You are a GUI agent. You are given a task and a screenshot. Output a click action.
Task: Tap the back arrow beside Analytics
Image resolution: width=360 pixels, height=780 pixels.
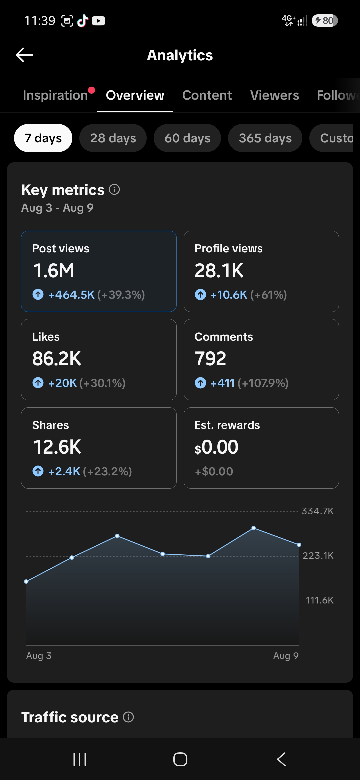pos(24,55)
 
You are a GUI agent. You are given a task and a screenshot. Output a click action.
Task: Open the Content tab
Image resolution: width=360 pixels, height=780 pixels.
pos(207,95)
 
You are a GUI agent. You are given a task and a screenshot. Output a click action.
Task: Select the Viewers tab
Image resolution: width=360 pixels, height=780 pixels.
pos(275,95)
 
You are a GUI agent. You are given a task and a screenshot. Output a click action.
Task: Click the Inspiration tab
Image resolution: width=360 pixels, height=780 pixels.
pos(55,95)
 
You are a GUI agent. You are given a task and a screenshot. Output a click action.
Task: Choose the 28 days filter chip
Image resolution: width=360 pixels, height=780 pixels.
pos(113,138)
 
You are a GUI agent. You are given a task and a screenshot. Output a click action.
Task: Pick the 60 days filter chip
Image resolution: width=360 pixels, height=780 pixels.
pos(187,138)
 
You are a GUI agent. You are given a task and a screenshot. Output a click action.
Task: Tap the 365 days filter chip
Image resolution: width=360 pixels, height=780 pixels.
pos(265,138)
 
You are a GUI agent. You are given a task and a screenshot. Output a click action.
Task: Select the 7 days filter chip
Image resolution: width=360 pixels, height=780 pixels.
pos(43,138)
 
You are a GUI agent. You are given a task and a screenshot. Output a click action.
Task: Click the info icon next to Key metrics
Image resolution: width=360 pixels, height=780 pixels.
pos(114,190)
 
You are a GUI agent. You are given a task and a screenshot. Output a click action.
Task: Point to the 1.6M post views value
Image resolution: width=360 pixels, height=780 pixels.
pos(54,270)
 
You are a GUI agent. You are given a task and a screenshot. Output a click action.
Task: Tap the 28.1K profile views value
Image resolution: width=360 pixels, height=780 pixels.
pos(219,270)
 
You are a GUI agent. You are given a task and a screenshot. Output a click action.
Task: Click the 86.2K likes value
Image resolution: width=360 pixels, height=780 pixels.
pos(57,359)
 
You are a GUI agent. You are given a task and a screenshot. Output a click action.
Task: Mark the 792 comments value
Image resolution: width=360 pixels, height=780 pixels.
pos(210,359)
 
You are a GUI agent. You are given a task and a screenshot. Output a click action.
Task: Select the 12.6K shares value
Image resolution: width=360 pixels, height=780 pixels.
pos(57,447)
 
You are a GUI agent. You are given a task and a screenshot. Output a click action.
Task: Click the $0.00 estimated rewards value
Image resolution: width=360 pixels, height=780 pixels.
pos(217,447)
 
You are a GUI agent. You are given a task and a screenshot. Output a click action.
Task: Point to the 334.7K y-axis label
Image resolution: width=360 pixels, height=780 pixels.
pos(318,511)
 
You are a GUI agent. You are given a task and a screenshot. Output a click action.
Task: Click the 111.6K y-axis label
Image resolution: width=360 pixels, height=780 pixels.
pos(320,600)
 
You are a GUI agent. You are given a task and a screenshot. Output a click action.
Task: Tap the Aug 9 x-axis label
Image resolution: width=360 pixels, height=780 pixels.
pos(286,656)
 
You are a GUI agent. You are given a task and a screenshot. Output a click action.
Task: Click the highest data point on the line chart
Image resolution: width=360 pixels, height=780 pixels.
pos(254,528)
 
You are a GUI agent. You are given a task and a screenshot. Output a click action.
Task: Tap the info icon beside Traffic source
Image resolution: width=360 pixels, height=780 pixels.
pos(128,717)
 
